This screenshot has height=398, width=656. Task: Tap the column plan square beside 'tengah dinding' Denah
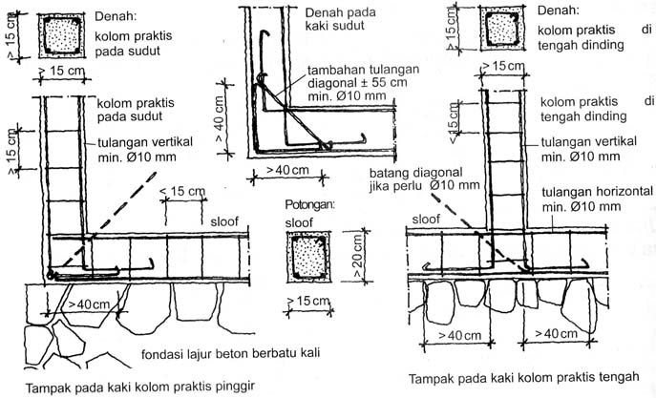(x=502, y=30)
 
